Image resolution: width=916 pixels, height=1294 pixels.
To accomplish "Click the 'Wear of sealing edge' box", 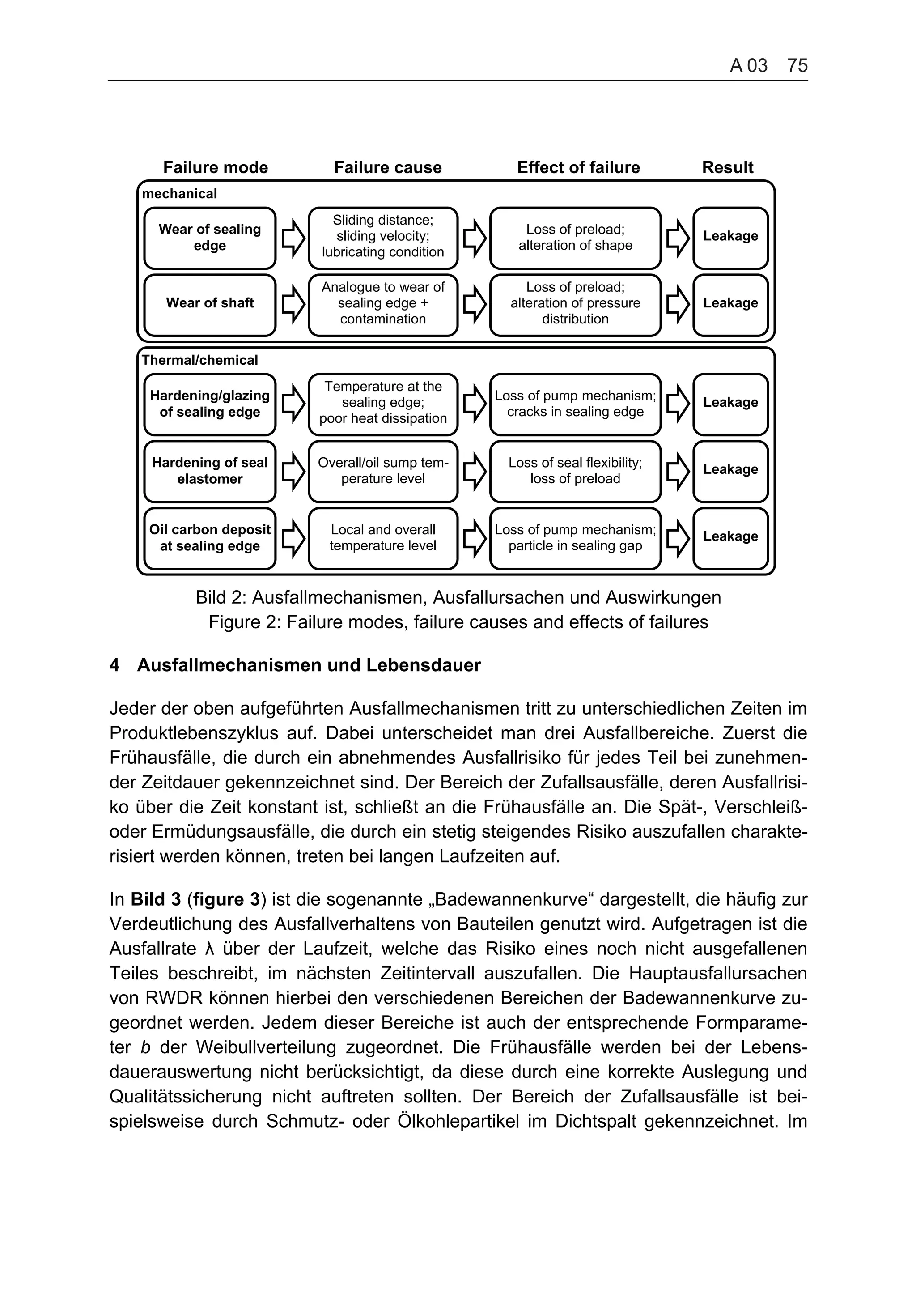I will tap(210, 238).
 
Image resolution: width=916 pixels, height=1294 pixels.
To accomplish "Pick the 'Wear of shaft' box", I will tap(210, 305).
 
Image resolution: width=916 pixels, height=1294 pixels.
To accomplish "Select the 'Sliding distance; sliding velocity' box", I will tap(383, 238).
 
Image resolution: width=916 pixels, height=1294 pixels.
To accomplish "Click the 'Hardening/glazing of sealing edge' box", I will tap(210, 404).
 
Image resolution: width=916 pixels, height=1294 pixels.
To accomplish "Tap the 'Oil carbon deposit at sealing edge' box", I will tap(210, 538).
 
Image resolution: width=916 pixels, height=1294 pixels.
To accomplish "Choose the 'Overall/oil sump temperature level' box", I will tap(383, 471).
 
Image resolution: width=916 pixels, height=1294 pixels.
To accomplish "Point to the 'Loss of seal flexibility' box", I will tap(575, 471).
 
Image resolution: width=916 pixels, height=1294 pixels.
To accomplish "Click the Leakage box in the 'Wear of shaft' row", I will tap(730, 305).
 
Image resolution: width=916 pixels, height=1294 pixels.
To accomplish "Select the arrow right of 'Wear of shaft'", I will tap(293, 305).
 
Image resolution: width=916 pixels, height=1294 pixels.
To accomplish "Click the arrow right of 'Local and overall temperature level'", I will tap(475, 538).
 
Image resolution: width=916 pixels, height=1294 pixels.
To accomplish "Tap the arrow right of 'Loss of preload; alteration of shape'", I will tap(678, 238).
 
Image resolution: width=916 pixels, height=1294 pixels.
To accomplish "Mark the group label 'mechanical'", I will tap(179, 194).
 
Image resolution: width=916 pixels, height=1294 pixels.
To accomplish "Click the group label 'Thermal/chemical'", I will tap(199, 360).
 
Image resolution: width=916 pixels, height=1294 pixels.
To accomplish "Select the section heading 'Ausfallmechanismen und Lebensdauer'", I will tap(309, 665).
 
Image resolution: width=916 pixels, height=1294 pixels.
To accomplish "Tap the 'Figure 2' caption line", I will tap(458, 622).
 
